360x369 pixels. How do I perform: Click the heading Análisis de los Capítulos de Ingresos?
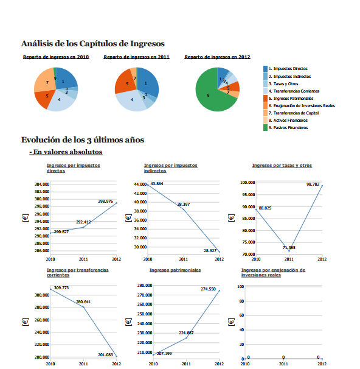pos(92,43)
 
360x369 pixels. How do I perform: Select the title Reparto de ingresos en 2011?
pos(136,57)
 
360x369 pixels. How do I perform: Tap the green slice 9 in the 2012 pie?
pos(210,97)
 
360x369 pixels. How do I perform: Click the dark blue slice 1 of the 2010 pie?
pos(66,79)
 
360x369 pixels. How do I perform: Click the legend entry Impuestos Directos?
pos(288,69)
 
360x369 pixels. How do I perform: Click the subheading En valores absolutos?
pos(67,152)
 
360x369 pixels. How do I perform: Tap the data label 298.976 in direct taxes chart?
pos(105,201)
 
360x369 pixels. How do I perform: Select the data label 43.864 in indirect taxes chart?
pos(156,183)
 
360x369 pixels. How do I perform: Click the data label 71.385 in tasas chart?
pos(289,248)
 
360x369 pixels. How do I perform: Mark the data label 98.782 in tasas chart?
pos(313,184)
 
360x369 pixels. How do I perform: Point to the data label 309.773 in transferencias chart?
pos(61,287)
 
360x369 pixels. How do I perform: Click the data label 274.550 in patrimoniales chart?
pos(208,289)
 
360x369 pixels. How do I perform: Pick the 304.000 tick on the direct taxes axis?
pos(41,184)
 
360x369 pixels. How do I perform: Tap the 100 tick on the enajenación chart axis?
pos(240,286)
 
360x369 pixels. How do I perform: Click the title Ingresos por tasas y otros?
pos(282,165)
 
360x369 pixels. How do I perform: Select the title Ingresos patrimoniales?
pos(175,269)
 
